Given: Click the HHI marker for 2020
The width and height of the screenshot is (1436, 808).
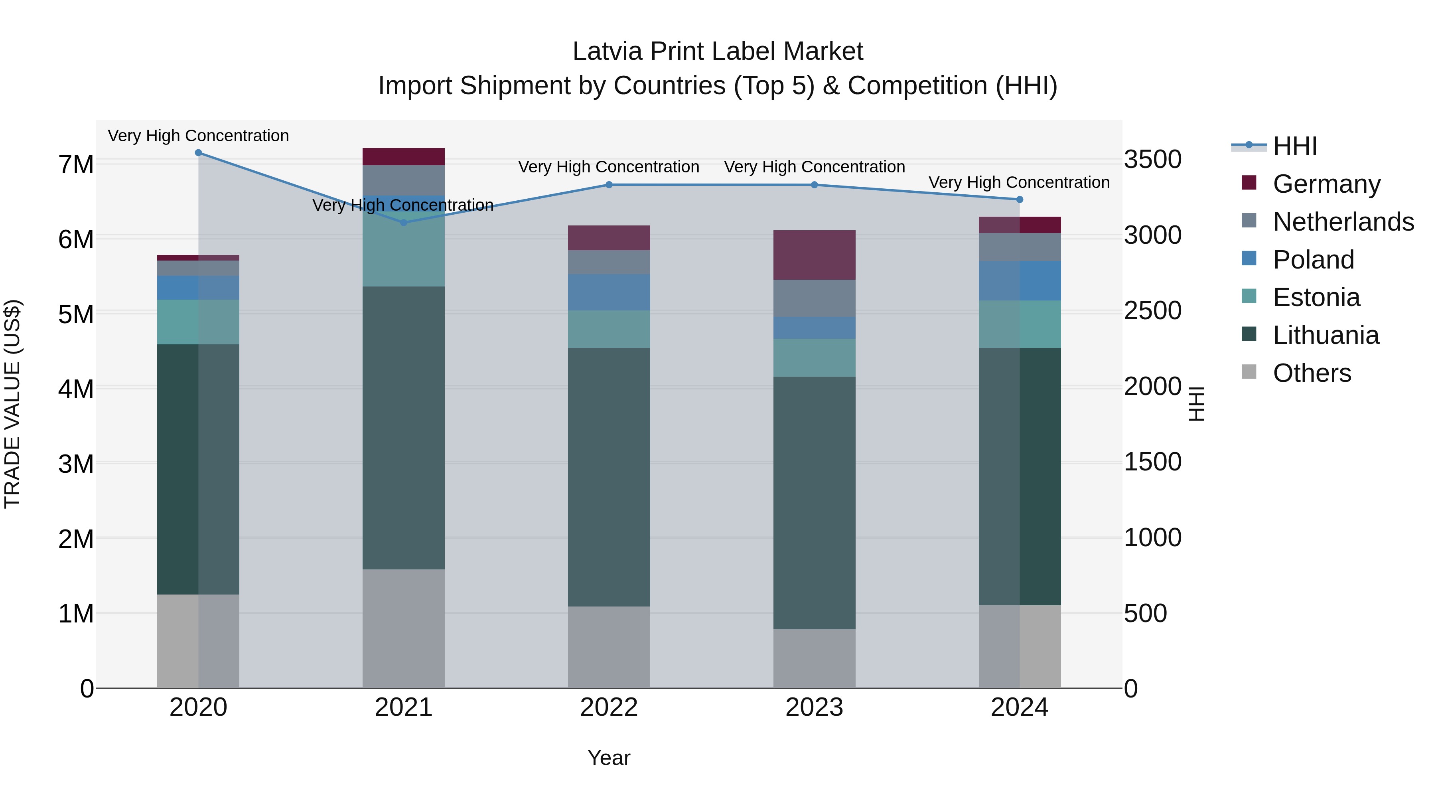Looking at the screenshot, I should click(x=199, y=153).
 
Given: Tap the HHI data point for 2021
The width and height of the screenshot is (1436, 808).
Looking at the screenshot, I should click(x=404, y=223).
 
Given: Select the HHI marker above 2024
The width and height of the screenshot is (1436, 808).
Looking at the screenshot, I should click(x=1020, y=200).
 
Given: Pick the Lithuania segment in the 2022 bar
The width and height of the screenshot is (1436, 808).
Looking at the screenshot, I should click(x=609, y=477).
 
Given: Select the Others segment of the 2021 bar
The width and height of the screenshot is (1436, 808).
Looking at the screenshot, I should click(x=404, y=628).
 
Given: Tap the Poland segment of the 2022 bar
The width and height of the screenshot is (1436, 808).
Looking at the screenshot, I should click(x=609, y=292).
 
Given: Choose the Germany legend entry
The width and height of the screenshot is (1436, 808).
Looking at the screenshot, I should click(x=1326, y=184).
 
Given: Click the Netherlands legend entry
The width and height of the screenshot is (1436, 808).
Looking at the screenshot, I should click(x=1343, y=222).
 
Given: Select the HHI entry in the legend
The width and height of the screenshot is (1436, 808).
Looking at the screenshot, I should click(x=1294, y=146).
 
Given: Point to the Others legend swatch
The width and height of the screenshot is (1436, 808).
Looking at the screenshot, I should click(x=1249, y=372).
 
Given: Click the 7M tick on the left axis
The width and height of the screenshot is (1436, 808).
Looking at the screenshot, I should click(x=76, y=164).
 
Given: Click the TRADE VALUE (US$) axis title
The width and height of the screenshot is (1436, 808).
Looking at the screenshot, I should click(x=12, y=404).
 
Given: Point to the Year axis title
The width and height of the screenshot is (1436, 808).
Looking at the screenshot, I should click(x=609, y=758).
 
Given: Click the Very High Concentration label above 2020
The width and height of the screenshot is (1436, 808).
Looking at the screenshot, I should click(x=199, y=136).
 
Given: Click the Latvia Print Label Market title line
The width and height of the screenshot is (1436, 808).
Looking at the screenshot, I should click(x=718, y=51).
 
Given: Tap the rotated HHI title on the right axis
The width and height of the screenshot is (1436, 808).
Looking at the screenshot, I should click(x=1197, y=404).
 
